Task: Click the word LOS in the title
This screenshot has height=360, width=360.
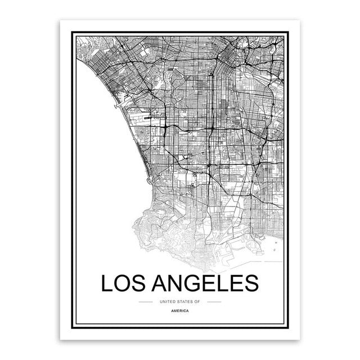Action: (124, 283)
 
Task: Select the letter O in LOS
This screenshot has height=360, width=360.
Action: (124, 283)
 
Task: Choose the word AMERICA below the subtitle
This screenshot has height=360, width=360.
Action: (179, 310)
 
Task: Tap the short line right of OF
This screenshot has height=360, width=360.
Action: (214, 301)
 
